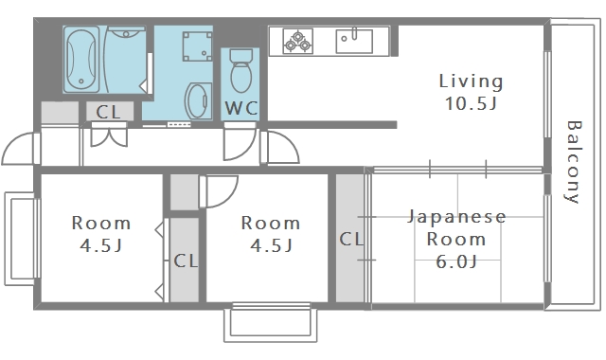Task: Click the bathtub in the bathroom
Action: tap(81, 59)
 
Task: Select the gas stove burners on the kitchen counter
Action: tap(297, 41)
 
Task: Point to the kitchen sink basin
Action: tap(353, 41)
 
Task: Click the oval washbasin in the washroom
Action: tap(197, 101)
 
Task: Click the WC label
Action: tap(241, 107)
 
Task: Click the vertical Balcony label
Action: tap(573, 162)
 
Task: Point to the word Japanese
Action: tap(456, 217)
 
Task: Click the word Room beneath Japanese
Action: tap(456, 240)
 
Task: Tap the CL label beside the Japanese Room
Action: tap(351, 239)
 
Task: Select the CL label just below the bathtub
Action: tap(109, 112)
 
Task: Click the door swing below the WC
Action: tap(236, 144)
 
